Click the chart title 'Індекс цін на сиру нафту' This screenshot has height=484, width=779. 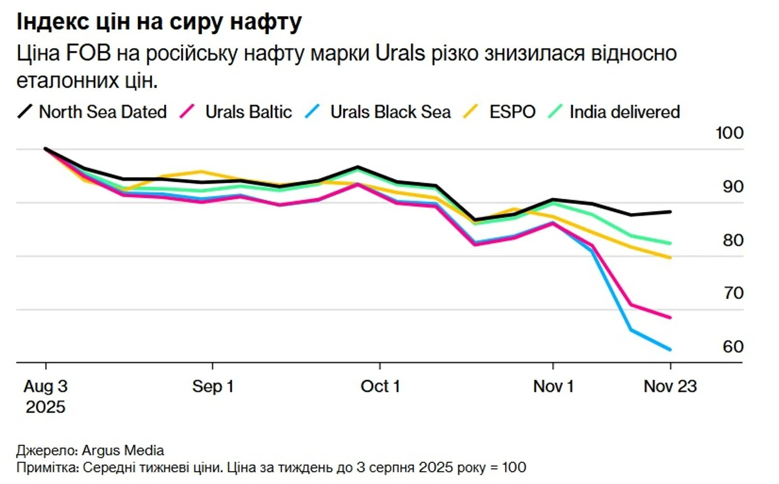click(159, 22)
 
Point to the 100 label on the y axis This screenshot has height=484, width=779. click(729, 133)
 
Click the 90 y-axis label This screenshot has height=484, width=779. click(733, 186)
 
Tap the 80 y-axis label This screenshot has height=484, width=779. click(733, 240)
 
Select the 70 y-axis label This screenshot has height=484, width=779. click(733, 293)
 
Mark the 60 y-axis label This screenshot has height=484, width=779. click(733, 346)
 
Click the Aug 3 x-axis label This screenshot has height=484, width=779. click(46, 386)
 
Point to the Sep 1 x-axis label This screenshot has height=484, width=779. click(213, 386)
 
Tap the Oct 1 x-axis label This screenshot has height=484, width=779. click(380, 386)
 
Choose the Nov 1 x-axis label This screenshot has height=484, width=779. click(553, 386)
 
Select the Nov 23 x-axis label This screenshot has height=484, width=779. click(670, 386)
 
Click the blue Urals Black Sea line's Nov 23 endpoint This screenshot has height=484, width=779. click(670, 349)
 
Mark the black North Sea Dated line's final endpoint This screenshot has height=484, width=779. click(670, 212)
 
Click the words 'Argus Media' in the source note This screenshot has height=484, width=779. click(123, 450)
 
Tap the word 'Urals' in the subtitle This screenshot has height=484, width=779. click(400, 53)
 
